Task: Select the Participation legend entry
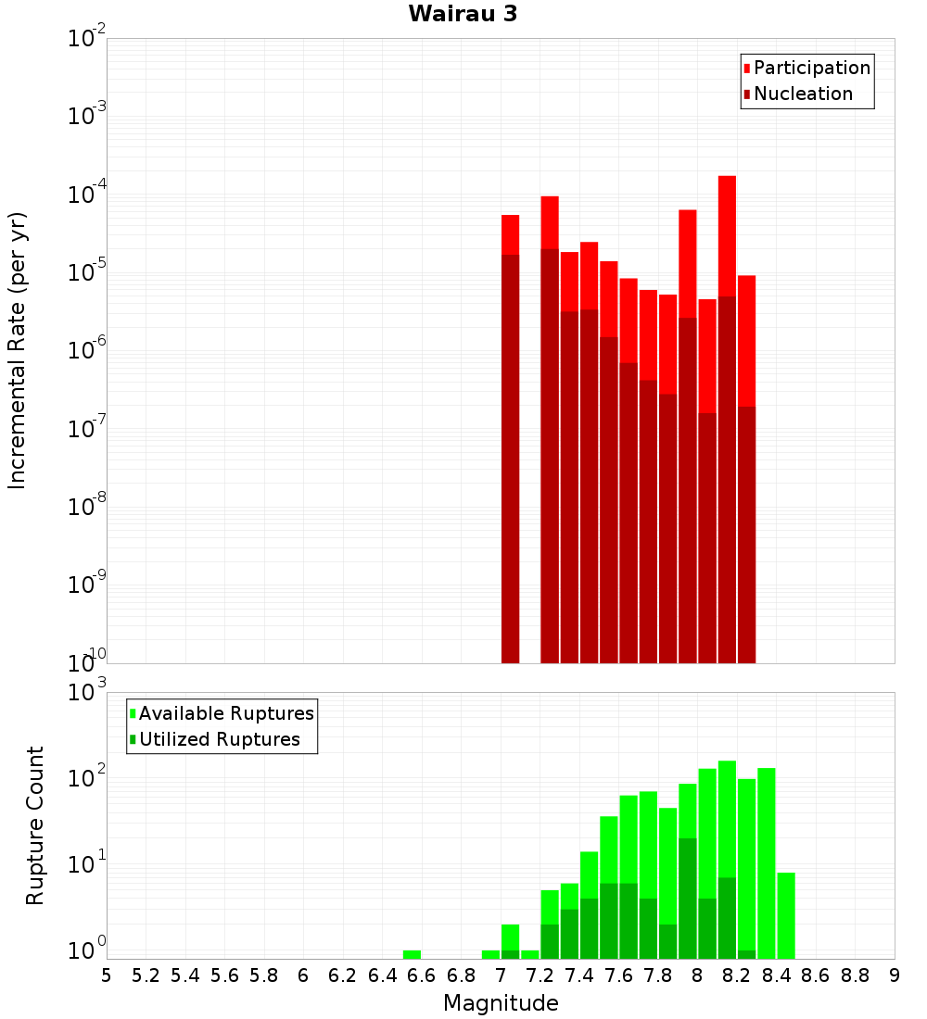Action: point(812,68)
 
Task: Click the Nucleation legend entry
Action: point(803,94)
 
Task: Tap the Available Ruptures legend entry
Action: point(226,713)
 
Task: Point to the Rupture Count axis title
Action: point(35,825)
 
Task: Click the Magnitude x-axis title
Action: point(501,1003)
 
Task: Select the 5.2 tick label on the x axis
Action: point(146,975)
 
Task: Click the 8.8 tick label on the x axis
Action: point(855,975)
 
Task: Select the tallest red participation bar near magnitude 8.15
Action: point(727,232)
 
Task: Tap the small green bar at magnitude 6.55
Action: point(412,954)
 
